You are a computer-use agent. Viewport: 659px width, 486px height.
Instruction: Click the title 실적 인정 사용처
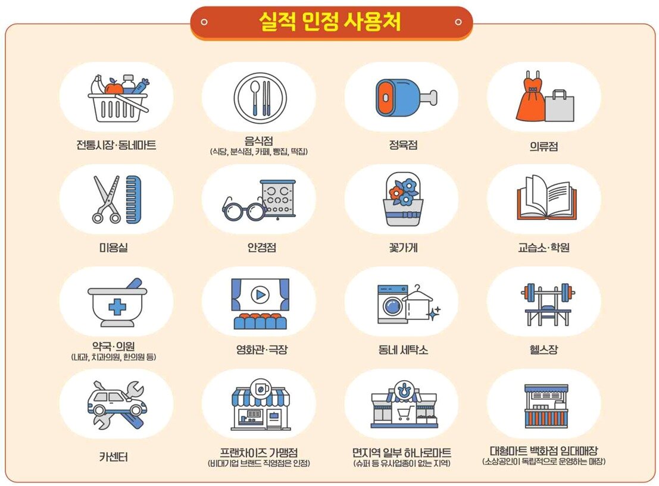coord(330,22)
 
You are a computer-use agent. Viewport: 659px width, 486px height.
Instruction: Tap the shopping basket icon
coord(117,101)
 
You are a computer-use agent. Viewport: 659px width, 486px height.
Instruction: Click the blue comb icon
coord(134,199)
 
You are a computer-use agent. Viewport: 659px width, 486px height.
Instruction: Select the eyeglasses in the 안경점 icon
coord(244,209)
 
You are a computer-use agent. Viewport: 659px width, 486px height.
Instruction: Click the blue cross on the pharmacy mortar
coord(117,307)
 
